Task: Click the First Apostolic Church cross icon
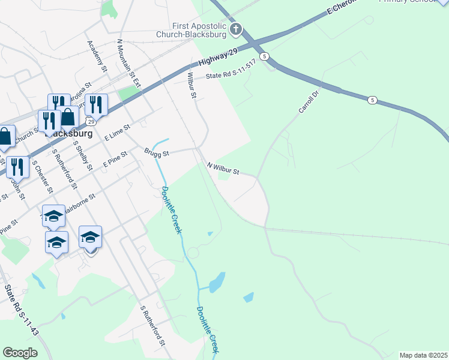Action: point(236,29)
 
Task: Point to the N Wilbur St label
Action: point(223,168)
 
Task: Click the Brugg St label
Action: point(156,152)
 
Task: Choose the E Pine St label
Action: point(115,159)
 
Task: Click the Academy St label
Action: point(97,57)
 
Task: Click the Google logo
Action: point(20,353)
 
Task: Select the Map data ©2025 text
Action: point(423,355)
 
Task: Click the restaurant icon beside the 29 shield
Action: point(95,104)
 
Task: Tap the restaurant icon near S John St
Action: point(17,166)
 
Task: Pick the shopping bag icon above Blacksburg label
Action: point(68,116)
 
